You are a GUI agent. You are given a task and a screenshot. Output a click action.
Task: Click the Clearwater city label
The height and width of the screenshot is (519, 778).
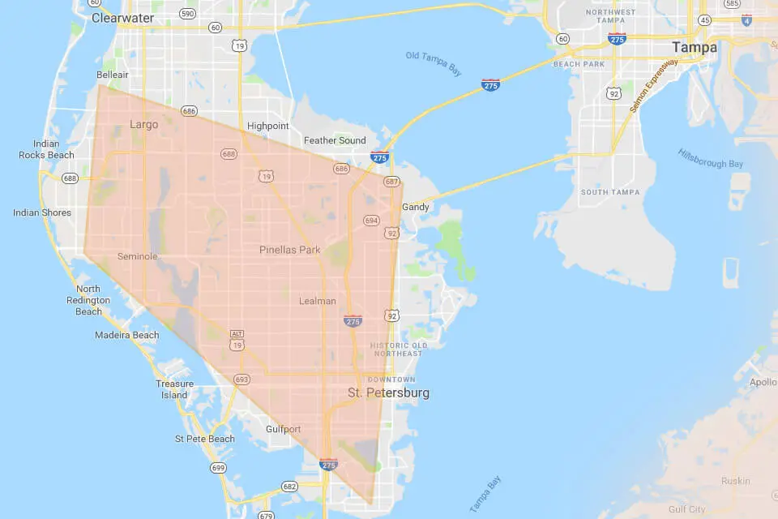point(122,17)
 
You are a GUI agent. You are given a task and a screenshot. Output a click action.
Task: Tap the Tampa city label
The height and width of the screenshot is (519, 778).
point(695,47)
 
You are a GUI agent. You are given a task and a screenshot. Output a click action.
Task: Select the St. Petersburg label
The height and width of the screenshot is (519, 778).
point(388,393)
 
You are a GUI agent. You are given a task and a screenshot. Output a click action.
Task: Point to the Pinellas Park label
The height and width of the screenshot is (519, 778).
point(290,250)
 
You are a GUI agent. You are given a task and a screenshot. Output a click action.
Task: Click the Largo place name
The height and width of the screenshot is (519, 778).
point(144,125)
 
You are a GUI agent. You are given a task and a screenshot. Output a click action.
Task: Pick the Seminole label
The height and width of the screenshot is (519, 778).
point(137,256)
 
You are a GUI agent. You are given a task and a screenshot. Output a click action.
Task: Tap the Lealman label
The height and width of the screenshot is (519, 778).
point(317,301)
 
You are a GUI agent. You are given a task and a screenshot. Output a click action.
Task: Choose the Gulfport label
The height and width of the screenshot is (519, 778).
point(284,429)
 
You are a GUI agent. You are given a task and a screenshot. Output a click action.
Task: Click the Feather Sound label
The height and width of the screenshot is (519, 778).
point(335,140)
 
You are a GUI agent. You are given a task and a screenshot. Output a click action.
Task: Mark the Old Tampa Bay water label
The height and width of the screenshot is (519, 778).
point(434,64)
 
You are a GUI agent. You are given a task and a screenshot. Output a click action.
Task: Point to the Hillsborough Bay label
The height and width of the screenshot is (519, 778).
point(711,158)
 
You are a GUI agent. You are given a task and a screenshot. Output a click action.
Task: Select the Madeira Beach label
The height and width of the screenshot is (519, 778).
point(127,335)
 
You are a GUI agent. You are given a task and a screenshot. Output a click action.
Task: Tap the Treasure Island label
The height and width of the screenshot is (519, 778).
point(174,389)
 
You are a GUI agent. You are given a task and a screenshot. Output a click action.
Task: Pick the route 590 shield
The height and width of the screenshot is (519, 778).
point(188,14)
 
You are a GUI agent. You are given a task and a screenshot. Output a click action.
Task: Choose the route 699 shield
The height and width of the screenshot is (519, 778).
point(218,468)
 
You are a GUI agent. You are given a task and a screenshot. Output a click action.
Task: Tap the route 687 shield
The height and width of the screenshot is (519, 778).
point(392,182)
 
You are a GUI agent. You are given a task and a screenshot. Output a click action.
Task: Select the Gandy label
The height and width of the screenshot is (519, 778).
point(415,207)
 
